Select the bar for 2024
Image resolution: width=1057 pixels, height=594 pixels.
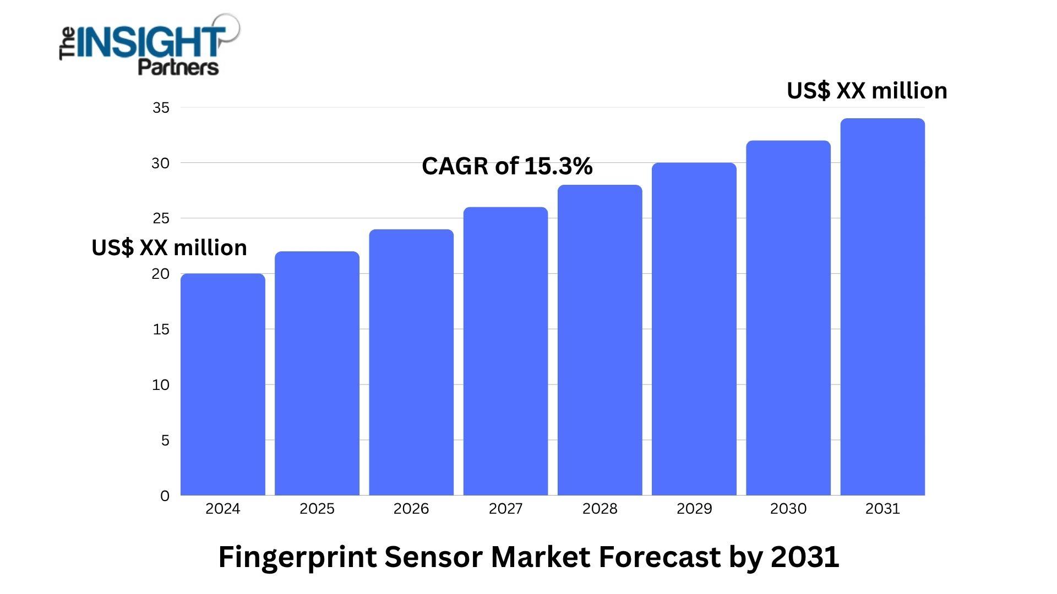[222, 385]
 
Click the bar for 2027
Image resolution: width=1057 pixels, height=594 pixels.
[505, 352]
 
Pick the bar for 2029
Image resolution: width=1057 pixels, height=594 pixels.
[694, 330]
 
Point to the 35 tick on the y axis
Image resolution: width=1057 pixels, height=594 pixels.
[161, 108]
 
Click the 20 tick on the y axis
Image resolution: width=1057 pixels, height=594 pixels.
[161, 274]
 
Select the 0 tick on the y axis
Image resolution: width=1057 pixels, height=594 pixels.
[165, 496]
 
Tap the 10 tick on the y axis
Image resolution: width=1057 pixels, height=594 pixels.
[161, 385]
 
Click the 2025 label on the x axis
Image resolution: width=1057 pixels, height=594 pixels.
[317, 509]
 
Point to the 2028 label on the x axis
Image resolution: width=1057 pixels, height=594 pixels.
[600, 509]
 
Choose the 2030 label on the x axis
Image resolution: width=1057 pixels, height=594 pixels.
[788, 509]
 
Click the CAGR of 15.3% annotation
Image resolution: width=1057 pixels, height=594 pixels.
[506, 166]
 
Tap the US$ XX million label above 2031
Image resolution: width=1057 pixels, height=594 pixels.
[867, 91]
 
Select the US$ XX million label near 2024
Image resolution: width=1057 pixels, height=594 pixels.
[169, 248]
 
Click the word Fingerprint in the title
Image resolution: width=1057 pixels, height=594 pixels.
[297, 557]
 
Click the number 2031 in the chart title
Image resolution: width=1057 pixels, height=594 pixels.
[804, 557]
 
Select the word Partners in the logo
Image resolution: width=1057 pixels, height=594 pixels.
[178, 68]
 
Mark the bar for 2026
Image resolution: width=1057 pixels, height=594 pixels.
[411, 363]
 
